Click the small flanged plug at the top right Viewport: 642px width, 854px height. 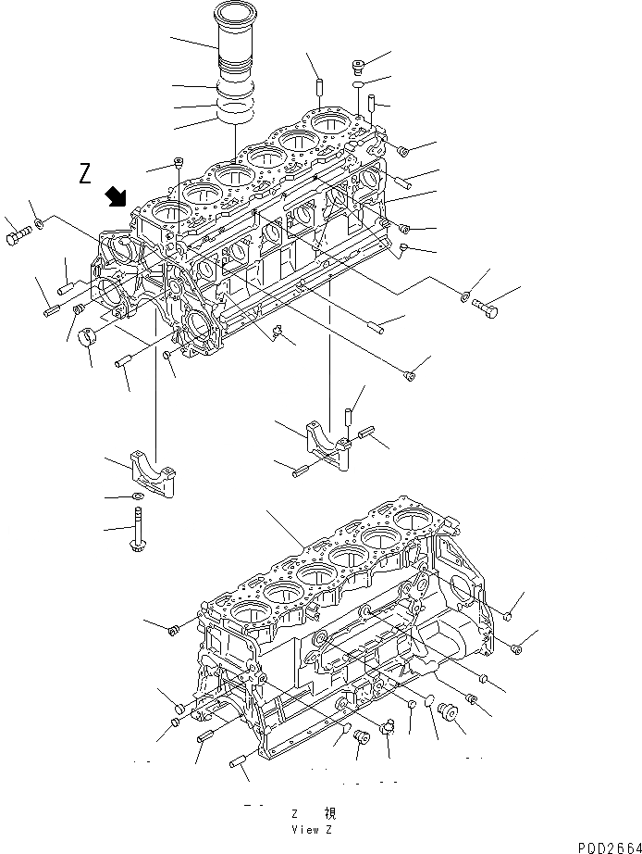[x=359, y=65]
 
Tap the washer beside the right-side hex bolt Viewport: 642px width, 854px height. [x=465, y=296]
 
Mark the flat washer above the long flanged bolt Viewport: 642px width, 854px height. [x=137, y=498]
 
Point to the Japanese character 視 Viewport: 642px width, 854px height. [x=330, y=812]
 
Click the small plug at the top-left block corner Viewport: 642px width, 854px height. [x=178, y=164]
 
